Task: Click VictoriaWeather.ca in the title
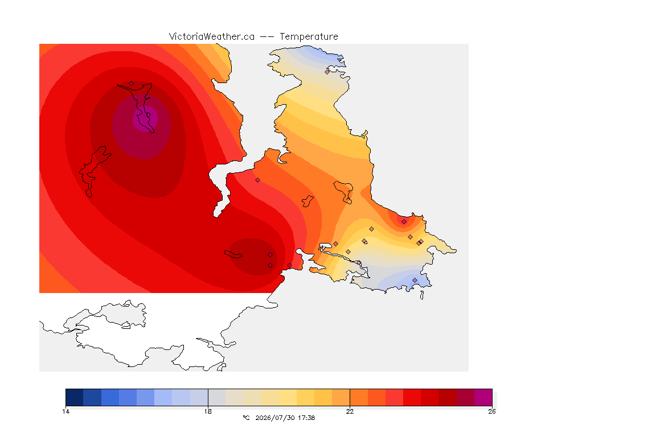pyautogui.click(x=212, y=37)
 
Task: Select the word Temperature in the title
pyautogui.click(x=309, y=37)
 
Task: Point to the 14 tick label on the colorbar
pyautogui.click(x=65, y=411)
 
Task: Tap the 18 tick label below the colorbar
pyautogui.click(x=208, y=411)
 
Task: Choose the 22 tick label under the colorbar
pyautogui.click(x=350, y=411)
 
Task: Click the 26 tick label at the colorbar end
pyautogui.click(x=492, y=411)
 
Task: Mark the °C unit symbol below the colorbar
pyautogui.click(x=247, y=418)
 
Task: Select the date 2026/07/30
pyautogui.click(x=275, y=418)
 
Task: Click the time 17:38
pyautogui.click(x=307, y=418)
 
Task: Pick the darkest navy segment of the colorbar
pyautogui.click(x=75, y=397)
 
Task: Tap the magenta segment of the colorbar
pyautogui.click(x=483, y=397)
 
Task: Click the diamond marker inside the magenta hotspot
pyautogui.click(x=148, y=114)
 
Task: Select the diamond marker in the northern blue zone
pyautogui.click(x=327, y=72)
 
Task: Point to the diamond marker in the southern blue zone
pyautogui.click(x=415, y=280)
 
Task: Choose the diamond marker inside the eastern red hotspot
pyautogui.click(x=404, y=222)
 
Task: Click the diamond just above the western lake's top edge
pyautogui.click(x=132, y=84)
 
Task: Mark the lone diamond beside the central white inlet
pyautogui.click(x=258, y=180)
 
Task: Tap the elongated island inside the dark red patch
pyautogui.click(x=233, y=254)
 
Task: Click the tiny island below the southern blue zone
pyautogui.click(x=422, y=295)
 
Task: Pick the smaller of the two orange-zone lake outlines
pyautogui.click(x=308, y=201)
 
